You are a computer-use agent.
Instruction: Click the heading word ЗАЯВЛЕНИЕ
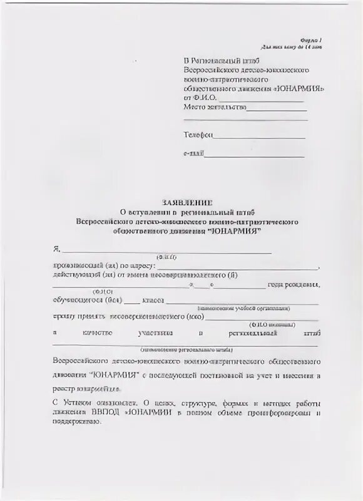[x=188, y=203]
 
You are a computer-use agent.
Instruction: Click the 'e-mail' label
[x=193, y=154]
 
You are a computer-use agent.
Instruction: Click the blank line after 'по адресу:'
[x=238, y=268]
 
